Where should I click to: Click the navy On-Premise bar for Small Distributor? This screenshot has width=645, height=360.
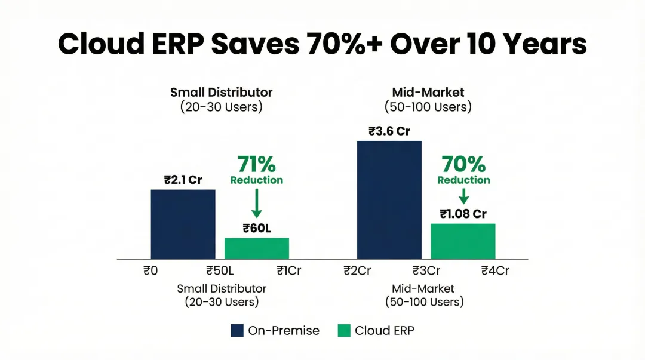[183, 224]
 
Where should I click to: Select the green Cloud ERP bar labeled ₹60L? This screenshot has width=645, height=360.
[256, 248]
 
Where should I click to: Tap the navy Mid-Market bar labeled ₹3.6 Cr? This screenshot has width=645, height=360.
[389, 199]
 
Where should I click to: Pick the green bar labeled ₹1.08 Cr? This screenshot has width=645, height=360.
[463, 241]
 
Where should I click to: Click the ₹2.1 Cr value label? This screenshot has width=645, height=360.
[183, 180]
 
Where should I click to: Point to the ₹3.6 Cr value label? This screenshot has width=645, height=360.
[389, 131]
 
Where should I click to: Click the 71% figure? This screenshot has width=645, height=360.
[257, 164]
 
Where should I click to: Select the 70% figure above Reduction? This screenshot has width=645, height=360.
[463, 164]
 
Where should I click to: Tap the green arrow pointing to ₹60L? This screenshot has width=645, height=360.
[257, 203]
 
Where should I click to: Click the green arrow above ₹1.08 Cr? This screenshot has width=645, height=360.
[463, 196]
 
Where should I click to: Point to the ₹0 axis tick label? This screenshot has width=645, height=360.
[150, 270]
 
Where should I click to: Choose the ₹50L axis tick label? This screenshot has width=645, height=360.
[219, 270]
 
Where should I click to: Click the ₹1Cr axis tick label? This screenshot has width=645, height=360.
[288, 270]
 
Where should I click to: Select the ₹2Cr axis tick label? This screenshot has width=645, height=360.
[357, 270]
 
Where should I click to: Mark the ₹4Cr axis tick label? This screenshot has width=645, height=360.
[495, 270]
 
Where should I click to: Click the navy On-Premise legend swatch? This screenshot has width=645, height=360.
[237, 331]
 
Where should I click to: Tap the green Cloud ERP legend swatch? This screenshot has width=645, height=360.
[343, 331]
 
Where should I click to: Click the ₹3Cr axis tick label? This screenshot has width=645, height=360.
[426, 270]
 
